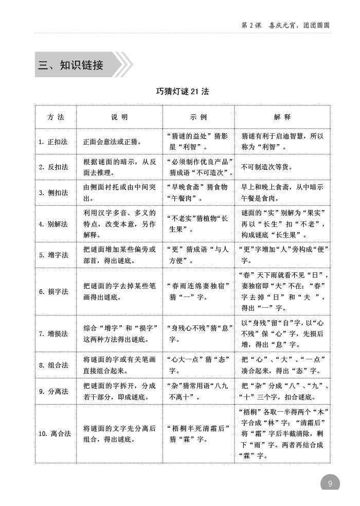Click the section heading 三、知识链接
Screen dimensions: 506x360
71,65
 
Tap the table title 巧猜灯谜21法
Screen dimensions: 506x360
183,92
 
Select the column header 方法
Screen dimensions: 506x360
56,117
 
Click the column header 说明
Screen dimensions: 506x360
119,117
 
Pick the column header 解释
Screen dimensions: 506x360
282,117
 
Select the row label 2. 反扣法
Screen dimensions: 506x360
53,167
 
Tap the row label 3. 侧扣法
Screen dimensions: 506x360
53,193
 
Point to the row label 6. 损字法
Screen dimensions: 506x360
53,291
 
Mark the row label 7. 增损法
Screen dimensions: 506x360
53,334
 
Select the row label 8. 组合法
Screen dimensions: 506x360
53,365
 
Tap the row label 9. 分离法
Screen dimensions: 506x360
53,391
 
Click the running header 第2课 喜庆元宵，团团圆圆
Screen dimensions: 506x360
285,24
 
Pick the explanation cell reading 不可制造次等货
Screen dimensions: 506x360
267,167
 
